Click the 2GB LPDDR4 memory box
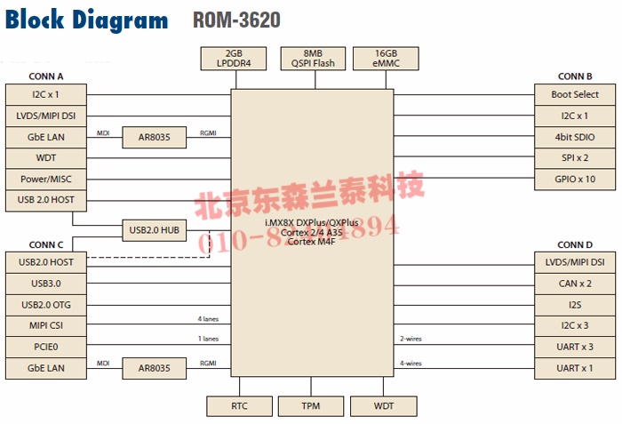pyautogui.click(x=235, y=58)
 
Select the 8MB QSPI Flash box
pyautogui.click(x=307, y=58)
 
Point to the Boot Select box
pyautogui.click(x=575, y=94)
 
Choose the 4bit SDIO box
pyautogui.click(x=575, y=138)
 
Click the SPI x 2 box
pyautogui.click(x=575, y=158)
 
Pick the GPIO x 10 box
pyautogui.click(x=575, y=180)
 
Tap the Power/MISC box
pyautogui.click(x=46, y=180)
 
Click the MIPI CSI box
pyautogui.click(x=46, y=325)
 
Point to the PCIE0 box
pyautogui.click(x=46, y=347)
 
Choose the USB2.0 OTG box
pyautogui.click(x=46, y=305)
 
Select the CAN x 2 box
pyautogui.click(x=575, y=284)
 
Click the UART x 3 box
pyautogui.click(x=575, y=347)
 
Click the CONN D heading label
pyautogui.click(x=575, y=244)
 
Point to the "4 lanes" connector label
pyautogui.click(x=207, y=318)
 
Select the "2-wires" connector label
pyautogui.click(x=411, y=339)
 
